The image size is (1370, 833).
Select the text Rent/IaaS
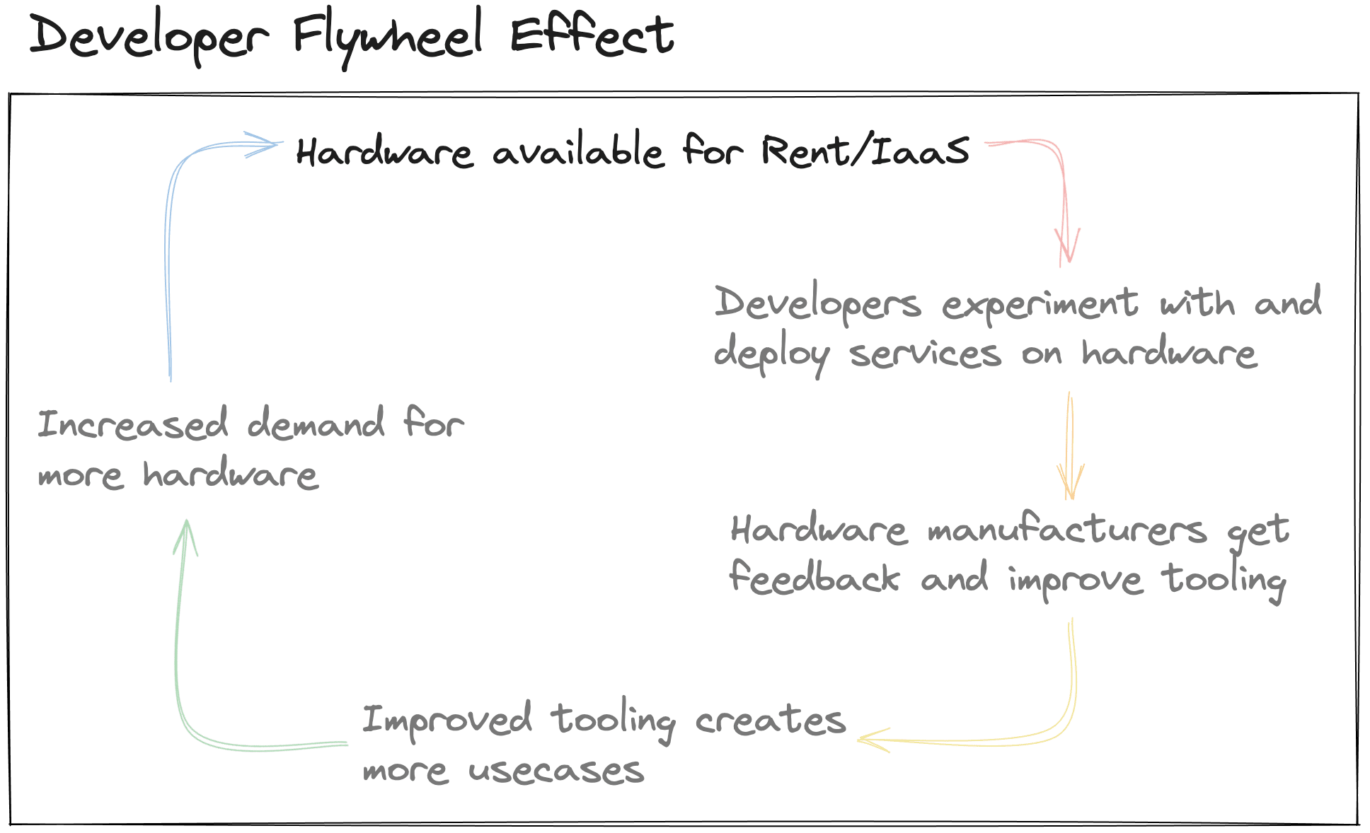tap(865, 151)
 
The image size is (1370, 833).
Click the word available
tap(578, 151)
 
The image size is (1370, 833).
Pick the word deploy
tap(771, 354)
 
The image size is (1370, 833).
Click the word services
tap(925, 354)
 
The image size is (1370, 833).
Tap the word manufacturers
tap(1067, 530)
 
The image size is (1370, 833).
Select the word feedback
tap(814, 578)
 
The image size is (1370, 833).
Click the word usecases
tap(556, 770)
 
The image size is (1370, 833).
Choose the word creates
tap(770, 721)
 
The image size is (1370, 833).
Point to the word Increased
tap(133, 424)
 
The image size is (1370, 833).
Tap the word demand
tap(316, 424)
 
